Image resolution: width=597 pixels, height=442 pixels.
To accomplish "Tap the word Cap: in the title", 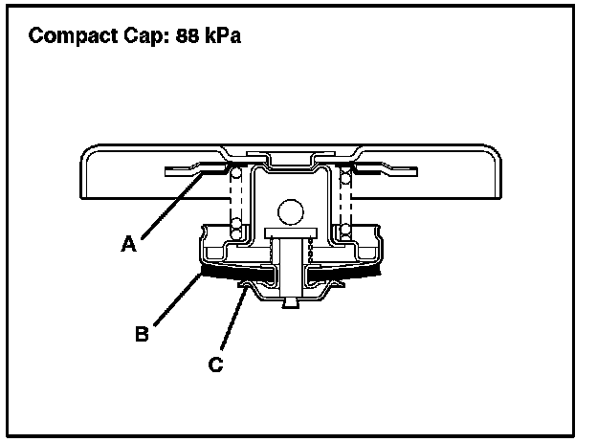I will (x=141, y=38).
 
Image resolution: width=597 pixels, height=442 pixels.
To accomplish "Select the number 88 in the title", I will (x=190, y=38).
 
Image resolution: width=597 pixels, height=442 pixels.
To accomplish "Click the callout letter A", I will (x=128, y=244).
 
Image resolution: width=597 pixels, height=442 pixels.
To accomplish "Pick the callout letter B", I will (x=141, y=334).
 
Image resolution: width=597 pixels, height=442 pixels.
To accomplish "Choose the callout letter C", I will (x=215, y=364).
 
